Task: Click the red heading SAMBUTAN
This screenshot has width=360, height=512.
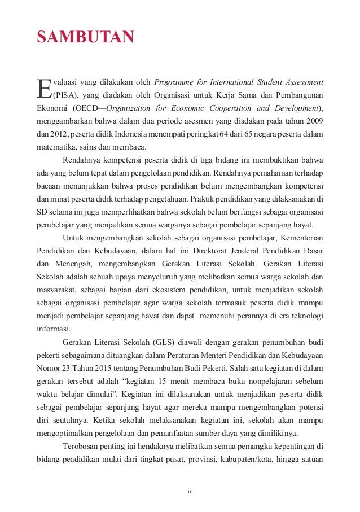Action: (x=85, y=38)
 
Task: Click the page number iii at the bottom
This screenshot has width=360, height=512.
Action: (x=190, y=491)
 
